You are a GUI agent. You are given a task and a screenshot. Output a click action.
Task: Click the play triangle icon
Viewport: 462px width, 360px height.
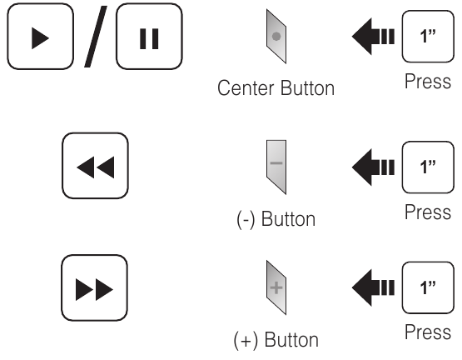(x=40, y=38)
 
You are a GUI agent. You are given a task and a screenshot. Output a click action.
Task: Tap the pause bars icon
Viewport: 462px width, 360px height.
(x=149, y=38)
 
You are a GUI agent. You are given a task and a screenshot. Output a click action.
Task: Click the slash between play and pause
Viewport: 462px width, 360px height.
(x=96, y=37)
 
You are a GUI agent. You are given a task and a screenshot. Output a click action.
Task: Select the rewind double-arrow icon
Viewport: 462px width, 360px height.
(x=96, y=167)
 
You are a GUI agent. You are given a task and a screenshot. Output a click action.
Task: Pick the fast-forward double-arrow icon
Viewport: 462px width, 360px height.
(x=94, y=289)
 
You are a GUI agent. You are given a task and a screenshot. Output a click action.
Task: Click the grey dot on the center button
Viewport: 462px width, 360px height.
(x=276, y=37)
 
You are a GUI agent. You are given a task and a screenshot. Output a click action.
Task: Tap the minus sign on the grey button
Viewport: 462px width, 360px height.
(x=276, y=162)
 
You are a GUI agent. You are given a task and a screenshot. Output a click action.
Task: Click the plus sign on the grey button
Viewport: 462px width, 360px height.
(x=276, y=287)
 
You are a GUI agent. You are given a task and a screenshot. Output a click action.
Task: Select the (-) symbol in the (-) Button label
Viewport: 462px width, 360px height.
(x=246, y=219)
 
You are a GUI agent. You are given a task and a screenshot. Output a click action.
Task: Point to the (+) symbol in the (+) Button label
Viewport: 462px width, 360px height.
(x=246, y=340)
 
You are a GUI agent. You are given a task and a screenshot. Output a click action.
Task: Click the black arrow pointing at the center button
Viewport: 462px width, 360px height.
(x=373, y=37)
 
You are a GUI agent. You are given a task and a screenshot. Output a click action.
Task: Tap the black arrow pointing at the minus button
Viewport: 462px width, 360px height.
(x=373, y=167)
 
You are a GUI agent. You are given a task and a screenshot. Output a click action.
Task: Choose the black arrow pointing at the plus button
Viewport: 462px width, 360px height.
(x=373, y=287)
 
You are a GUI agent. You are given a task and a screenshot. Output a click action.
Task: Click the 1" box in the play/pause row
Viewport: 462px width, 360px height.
(x=428, y=37)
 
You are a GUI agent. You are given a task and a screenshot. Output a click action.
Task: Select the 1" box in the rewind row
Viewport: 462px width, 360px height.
(x=428, y=167)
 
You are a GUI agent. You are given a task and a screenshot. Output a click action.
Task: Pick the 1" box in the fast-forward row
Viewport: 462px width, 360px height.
(x=428, y=287)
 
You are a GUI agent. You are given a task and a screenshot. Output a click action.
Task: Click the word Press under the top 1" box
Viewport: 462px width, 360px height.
(x=428, y=81)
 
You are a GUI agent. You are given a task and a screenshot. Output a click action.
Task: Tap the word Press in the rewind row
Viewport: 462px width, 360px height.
(x=428, y=212)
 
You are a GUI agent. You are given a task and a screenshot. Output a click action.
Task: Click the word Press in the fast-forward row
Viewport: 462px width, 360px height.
(x=428, y=332)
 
